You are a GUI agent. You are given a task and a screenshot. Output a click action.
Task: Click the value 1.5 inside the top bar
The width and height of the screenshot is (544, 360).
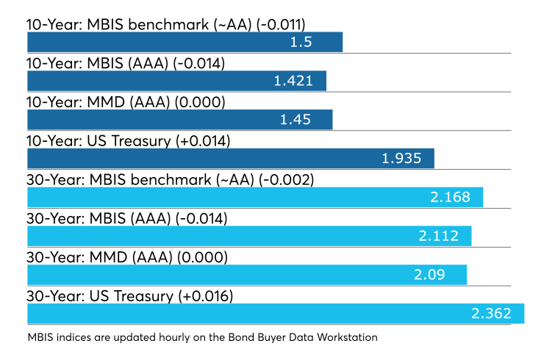pos(301,42)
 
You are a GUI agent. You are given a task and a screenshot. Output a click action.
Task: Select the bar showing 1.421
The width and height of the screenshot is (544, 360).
pos(176,81)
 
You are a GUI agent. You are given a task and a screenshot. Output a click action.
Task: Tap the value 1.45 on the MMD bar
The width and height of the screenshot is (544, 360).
pos(296,120)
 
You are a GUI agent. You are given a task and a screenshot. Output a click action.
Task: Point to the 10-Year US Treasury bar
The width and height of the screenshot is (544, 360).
pos(231,159)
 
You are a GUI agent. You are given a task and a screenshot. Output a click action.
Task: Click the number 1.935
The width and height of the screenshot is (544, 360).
pos(401,159)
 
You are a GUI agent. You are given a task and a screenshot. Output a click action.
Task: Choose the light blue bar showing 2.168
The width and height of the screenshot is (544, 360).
pos(255,198)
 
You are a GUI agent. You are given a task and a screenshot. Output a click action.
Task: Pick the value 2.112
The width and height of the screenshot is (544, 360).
pos(439,236)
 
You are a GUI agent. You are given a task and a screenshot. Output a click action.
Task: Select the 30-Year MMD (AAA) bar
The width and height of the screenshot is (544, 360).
pos(247,275)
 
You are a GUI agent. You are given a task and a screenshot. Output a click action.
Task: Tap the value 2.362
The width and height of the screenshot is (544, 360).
pos(491,314)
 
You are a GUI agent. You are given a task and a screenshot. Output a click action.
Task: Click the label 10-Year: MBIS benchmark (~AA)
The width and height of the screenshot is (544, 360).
pos(139,25)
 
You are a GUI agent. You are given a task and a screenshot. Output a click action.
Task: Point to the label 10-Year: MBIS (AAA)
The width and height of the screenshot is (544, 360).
pos(98,63)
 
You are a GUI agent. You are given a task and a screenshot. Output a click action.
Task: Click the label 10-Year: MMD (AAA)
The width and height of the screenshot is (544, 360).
pos(99,102)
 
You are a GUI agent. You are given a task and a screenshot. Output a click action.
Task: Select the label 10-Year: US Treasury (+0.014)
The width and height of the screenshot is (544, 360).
pos(129,141)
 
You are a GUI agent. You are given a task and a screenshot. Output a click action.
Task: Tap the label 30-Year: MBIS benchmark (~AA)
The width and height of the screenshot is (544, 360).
pos(140,180)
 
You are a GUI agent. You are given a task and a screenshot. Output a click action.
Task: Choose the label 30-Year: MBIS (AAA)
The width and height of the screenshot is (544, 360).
pos(99,219)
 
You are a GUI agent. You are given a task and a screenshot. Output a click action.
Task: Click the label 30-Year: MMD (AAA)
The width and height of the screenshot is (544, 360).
pos(99,258)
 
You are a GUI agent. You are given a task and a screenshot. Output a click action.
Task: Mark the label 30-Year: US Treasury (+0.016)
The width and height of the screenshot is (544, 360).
pos(130,297)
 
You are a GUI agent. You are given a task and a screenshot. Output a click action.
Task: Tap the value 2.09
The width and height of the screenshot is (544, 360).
pos(429,275)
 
